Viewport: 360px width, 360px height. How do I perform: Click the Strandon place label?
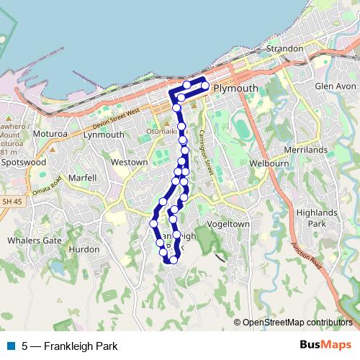tap(284, 49)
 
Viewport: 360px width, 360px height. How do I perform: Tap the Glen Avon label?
tap(336, 86)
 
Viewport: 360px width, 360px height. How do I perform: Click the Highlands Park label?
tap(318, 218)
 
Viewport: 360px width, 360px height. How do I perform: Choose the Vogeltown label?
tap(228, 224)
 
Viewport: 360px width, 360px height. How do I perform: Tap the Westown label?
tap(129, 163)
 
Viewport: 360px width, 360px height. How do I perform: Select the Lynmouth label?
tap(104, 135)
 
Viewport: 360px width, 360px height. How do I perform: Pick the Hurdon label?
tap(84, 249)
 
